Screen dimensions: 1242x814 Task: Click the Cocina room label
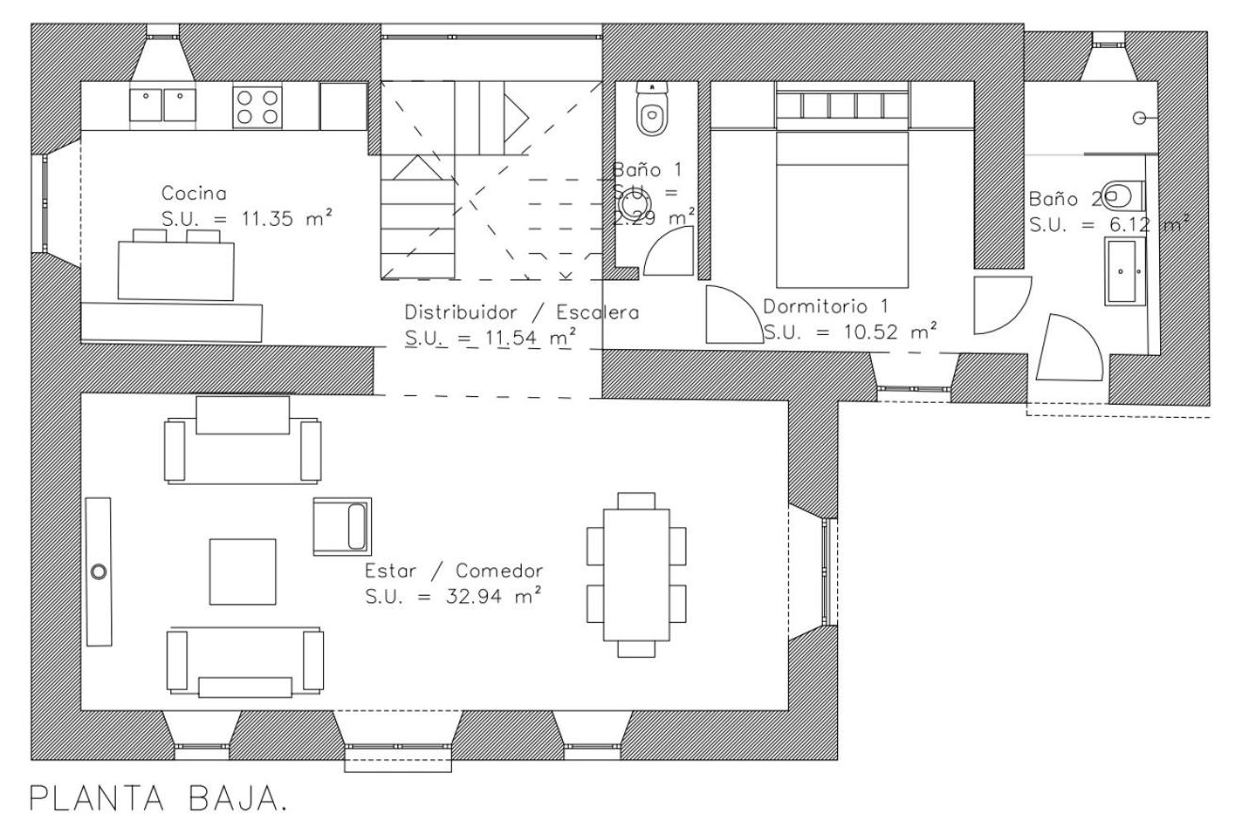pyautogui.click(x=194, y=194)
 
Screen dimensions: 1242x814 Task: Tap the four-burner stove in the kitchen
pyautogui.click(x=257, y=107)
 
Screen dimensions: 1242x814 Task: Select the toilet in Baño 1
pyautogui.click(x=652, y=109)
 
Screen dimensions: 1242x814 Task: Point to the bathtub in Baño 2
pyautogui.click(x=1124, y=272)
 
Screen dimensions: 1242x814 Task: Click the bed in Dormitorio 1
pyautogui.click(x=842, y=210)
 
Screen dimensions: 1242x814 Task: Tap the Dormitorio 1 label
pyautogui.click(x=826, y=306)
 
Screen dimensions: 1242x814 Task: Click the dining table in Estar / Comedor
pyautogui.click(x=636, y=575)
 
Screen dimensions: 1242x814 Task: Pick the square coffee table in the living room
pyautogui.click(x=242, y=571)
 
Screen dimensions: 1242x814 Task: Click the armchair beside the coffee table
pyautogui.click(x=342, y=526)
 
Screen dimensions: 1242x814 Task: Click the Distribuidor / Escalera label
pyautogui.click(x=522, y=312)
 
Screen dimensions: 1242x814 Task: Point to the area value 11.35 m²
pyautogui.click(x=286, y=217)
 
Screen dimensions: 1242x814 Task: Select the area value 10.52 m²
pyautogui.click(x=890, y=331)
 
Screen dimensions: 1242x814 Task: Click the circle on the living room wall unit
pyautogui.click(x=99, y=571)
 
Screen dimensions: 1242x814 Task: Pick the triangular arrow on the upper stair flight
pyautogui.click(x=516, y=118)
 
